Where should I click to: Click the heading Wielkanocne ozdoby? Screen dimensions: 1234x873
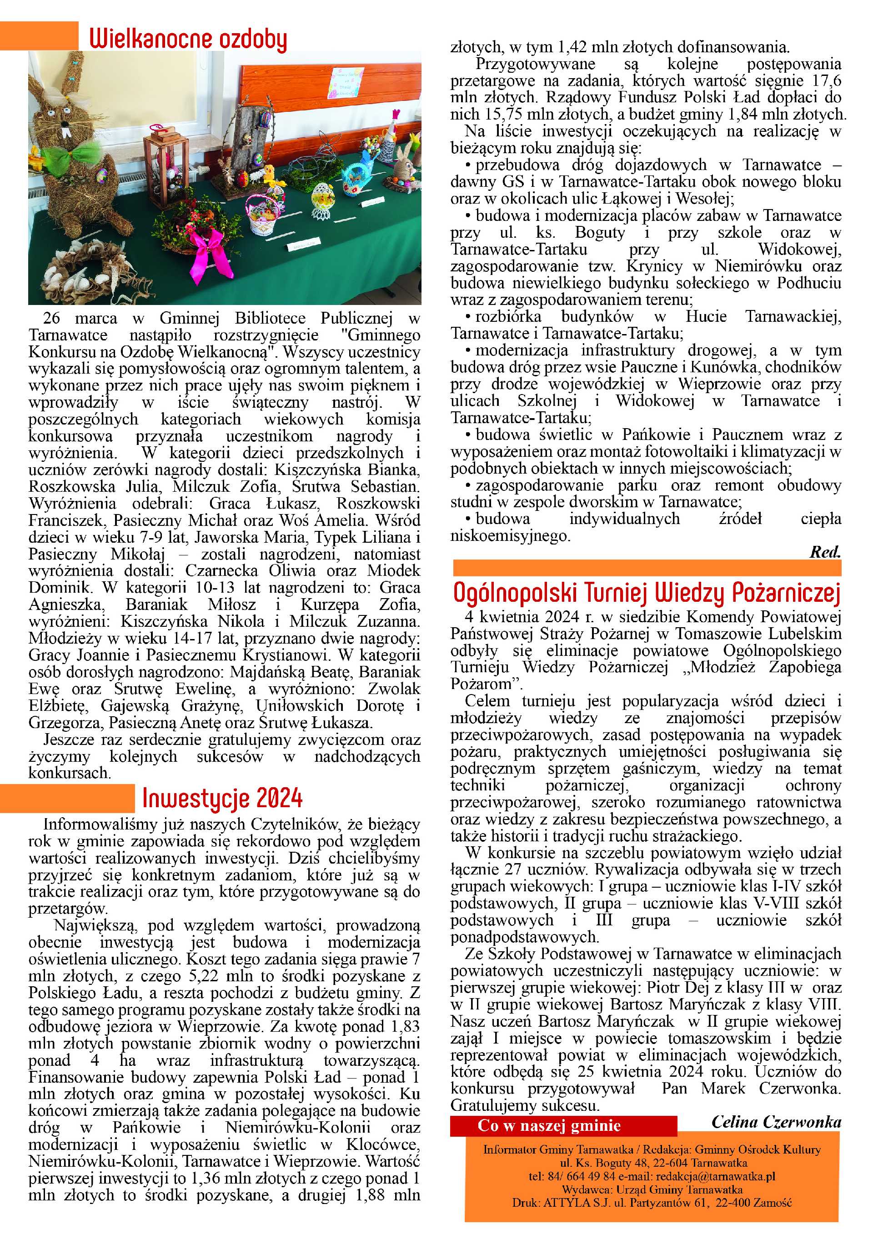click(188, 39)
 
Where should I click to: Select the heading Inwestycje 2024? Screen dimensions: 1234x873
click(222, 798)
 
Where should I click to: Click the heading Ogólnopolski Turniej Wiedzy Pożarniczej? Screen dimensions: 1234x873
click(646, 592)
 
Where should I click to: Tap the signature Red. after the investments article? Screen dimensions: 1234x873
click(825, 552)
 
